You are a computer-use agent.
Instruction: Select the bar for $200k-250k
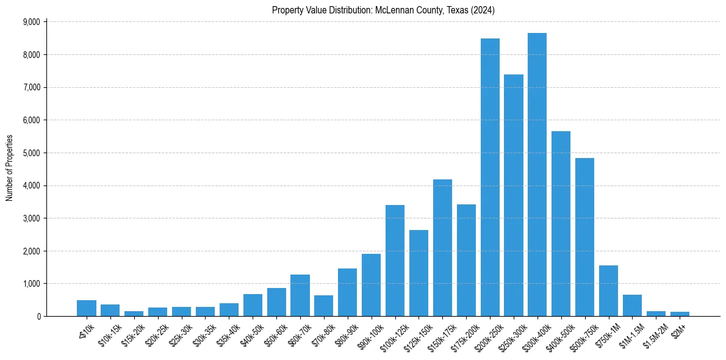coord(490,178)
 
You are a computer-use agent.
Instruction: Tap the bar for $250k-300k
coord(514,195)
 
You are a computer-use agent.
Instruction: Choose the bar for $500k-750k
coord(584,237)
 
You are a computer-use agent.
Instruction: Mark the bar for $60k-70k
coord(300,295)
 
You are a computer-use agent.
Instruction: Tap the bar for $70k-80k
coord(323,306)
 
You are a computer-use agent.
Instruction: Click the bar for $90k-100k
coord(371,285)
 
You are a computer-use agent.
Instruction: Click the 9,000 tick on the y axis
coord(31,22)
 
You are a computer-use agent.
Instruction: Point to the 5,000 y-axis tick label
coord(31,153)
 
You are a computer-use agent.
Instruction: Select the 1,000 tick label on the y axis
coord(31,284)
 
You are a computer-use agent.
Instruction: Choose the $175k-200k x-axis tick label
coord(461,336)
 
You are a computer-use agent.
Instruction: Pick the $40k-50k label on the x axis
coord(249,334)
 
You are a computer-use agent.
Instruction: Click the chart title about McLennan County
coord(383,10)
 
